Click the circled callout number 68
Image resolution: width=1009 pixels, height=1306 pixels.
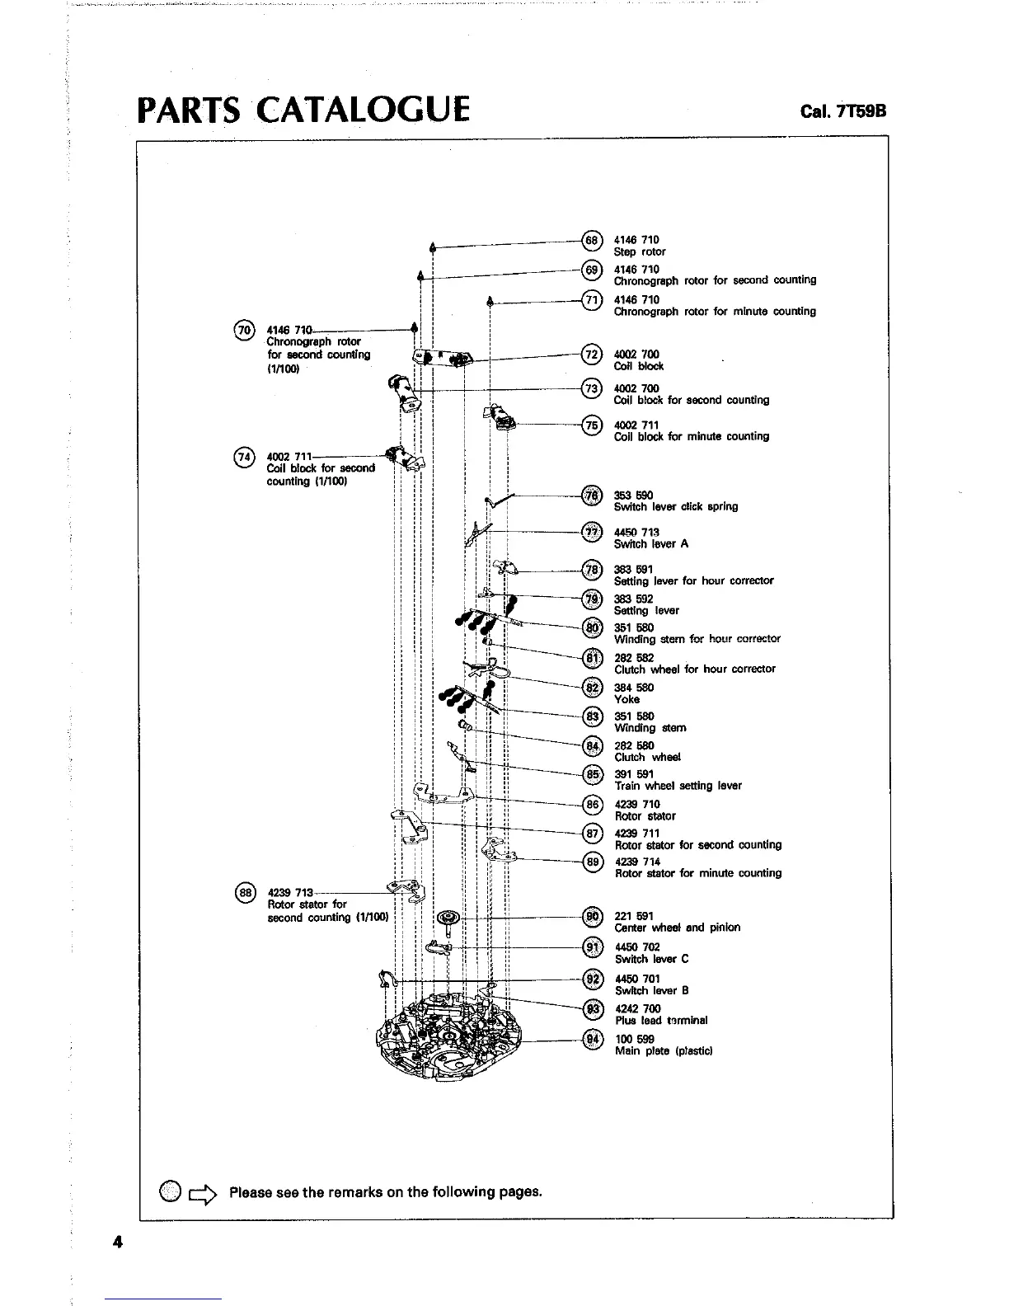pyautogui.click(x=592, y=240)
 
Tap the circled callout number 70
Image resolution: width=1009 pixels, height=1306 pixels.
pyautogui.click(x=244, y=331)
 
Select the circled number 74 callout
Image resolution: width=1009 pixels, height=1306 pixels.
pyautogui.click(x=244, y=457)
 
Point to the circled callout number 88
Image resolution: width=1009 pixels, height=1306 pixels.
pyautogui.click(x=244, y=892)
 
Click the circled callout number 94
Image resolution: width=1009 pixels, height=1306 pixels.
pyautogui.click(x=592, y=1040)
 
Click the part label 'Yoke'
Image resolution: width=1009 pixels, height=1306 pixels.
pyautogui.click(x=627, y=699)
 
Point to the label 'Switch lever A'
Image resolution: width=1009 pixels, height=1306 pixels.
pyautogui.click(x=651, y=544)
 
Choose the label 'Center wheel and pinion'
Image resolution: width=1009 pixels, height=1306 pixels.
pyautogui.click(x=678, y=928)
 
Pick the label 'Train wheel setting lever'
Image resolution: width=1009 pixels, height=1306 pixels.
pyautogui.click(x=678, y=786)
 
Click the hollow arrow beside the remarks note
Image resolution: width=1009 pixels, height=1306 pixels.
pyautogui.click(x=203, y=1192)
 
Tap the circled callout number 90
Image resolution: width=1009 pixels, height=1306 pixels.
pyautogui.click(x=592, y=916)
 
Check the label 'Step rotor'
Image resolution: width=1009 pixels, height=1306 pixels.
pyautogui.click(x=640, y=251)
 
